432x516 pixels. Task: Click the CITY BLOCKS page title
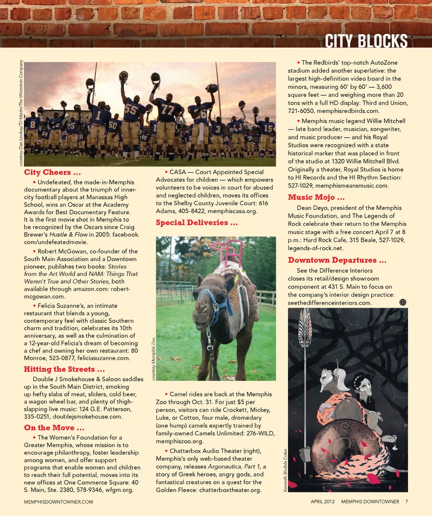366,41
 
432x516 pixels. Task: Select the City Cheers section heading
53,172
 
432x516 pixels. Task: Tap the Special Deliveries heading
197,223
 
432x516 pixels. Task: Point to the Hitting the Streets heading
65,369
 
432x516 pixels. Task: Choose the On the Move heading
54,427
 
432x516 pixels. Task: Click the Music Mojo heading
316,197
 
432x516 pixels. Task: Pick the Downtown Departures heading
337,260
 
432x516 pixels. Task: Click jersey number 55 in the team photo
131,109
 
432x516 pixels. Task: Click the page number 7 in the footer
406,502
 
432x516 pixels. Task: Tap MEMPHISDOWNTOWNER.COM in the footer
58,502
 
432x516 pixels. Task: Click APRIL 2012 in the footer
323,502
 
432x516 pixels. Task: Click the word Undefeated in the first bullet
54,182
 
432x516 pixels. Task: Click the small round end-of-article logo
403,302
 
